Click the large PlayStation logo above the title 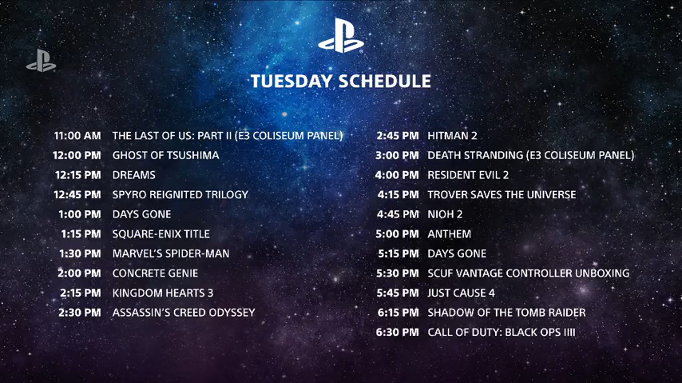click(x=341, y=36)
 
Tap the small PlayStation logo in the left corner click(x=42, y=61)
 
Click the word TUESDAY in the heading click(x=291, y=82)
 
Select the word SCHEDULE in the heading click(x=385, y=82)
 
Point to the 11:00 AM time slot click(x=77, y=136)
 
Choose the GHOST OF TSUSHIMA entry click(x=166, y=156)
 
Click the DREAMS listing click(x=134, y=175)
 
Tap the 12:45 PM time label click(x=77, y=195)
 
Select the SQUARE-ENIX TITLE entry click(x=161, y=234)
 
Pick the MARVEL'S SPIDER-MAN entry click(x=171, y=253)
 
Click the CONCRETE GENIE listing click(x=155, y=273)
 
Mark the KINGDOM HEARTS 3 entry click(x=163, y=293)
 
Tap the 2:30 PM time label click(x=80, y=313)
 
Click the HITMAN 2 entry click(x=452, y=136)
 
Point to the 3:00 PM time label click(x=397, y=156)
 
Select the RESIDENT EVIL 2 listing click(x=468, y=175)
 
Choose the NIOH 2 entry click(x=445, y=214)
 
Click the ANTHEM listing click(x=450, y=234)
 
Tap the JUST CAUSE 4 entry click(x=461, y=293)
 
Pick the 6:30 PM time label click(x=398, y=332)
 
